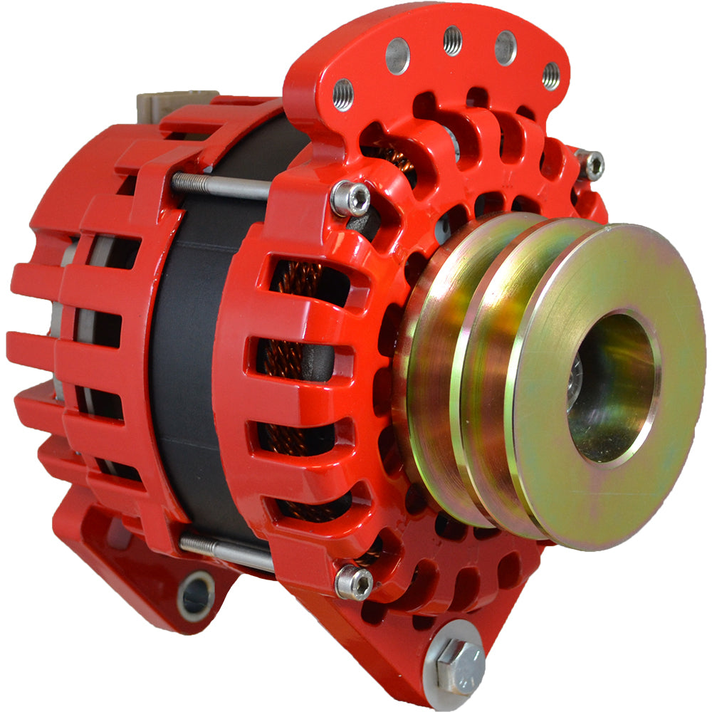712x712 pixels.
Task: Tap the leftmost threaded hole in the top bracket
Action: point(342,94)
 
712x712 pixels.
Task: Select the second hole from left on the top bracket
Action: point(397,56)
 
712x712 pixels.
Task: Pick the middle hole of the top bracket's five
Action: point(453,40)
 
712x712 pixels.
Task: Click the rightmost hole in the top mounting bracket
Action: point(550,75)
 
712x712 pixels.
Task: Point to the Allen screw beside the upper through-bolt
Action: point(351,199)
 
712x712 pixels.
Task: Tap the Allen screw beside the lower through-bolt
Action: point(354,582)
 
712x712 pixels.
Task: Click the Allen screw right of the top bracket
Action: point(591,165)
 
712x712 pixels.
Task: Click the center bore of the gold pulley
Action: point(612,388)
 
